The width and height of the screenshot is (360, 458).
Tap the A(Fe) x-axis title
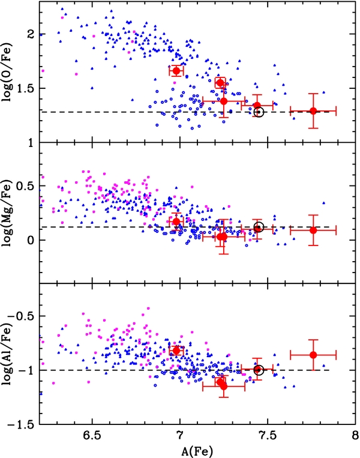point(197,451)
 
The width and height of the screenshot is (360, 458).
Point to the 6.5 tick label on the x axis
point(92,436)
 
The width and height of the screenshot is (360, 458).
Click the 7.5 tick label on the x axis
point(268,436)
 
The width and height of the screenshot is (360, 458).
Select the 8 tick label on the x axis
point(355,436)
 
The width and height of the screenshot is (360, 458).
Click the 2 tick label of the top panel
point(31,34)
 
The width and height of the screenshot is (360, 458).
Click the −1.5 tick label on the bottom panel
point(20,424)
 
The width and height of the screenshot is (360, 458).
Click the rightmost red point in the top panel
point(313,111)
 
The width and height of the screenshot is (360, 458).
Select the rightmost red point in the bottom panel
point(313,355)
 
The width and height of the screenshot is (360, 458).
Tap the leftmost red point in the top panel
point(176,71)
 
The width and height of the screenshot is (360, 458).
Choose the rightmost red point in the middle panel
point(313,230)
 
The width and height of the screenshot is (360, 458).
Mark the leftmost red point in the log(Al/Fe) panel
point(176,351)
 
